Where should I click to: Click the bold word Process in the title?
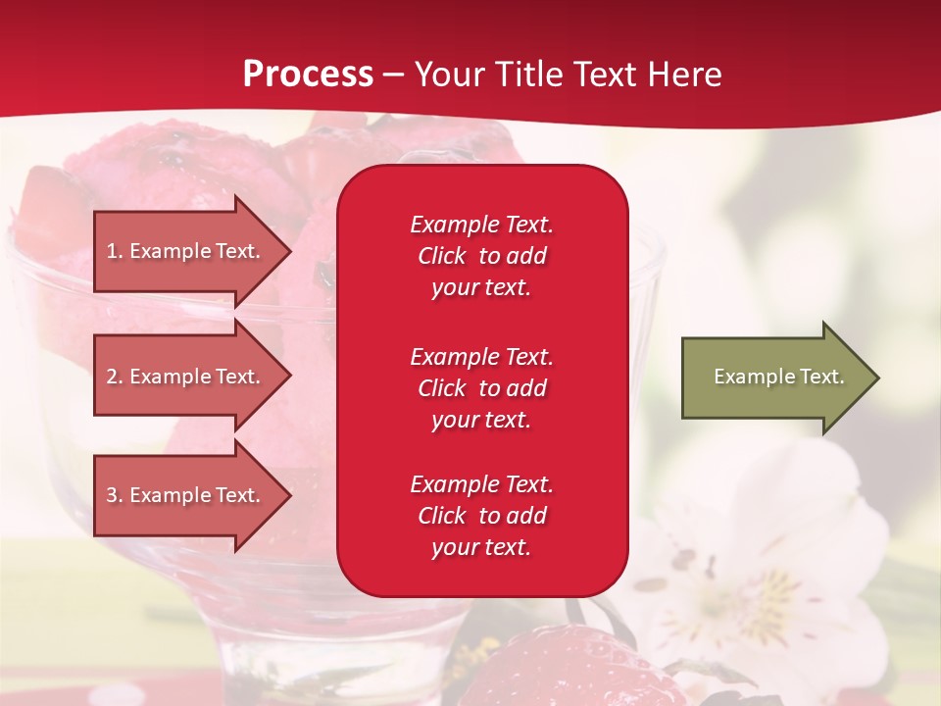pyautogui.click(x=308, y=75)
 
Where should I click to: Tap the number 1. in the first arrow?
pyautogui.click(x=115, y=251)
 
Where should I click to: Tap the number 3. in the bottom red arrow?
pyautogui.click(x=115, y=495)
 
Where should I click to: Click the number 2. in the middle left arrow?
pyautogui.click(x=115, y=377)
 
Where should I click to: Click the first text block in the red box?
pyautogui.click(x=481, y=256)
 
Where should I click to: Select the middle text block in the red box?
pyautogui.click(x=481, y=387)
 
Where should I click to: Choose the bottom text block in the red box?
pyautogui.click(x=481, y=516)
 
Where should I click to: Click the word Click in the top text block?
pyautogui.click(x=441, y=256)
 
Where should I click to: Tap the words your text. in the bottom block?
pyautogui.click(x=481, y=547)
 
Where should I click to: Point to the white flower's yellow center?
pyautogui.click(x=760, y=593)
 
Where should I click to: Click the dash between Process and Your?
pyautogui.click(x=393, y=75)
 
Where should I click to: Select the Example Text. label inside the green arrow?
pyautogui.click(x=778, y=377)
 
